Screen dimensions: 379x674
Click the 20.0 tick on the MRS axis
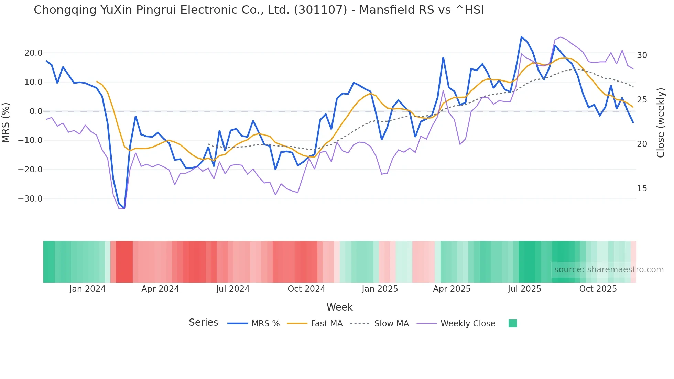(33, 53)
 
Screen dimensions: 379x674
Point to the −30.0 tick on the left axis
(30, 199)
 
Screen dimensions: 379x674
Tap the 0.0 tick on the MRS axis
(36, 111)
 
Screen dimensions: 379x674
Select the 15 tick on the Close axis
(642, 188)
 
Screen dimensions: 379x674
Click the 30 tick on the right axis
(642, 55)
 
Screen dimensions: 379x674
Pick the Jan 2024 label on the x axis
(87, 289)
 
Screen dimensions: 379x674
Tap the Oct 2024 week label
(306, 289)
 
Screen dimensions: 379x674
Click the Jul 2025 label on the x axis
(524, 289)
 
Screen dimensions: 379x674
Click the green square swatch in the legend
(512, 323)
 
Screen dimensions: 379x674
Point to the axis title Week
(339, 307)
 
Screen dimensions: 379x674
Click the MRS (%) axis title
(6, 122)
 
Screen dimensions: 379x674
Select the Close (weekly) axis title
(660, 122)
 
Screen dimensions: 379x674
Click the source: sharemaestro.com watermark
(609, 270)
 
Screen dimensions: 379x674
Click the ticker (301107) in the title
(320, 10)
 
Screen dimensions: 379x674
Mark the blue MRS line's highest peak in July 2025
(521, 37)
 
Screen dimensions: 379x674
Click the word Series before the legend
(203, 323)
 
